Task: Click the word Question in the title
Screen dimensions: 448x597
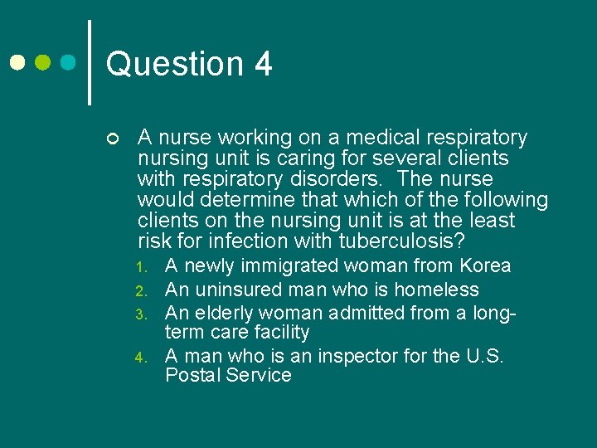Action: point(174,64)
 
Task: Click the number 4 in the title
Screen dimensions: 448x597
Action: point(263,64)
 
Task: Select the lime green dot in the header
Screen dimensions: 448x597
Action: point(43,62)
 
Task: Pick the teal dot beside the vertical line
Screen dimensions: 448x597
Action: point(70,62)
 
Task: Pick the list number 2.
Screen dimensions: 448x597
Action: point(142,291)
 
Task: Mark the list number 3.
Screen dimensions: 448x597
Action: point(142,314)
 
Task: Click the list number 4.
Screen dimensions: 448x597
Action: point(142,358)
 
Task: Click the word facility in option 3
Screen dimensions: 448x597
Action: point(283,333)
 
